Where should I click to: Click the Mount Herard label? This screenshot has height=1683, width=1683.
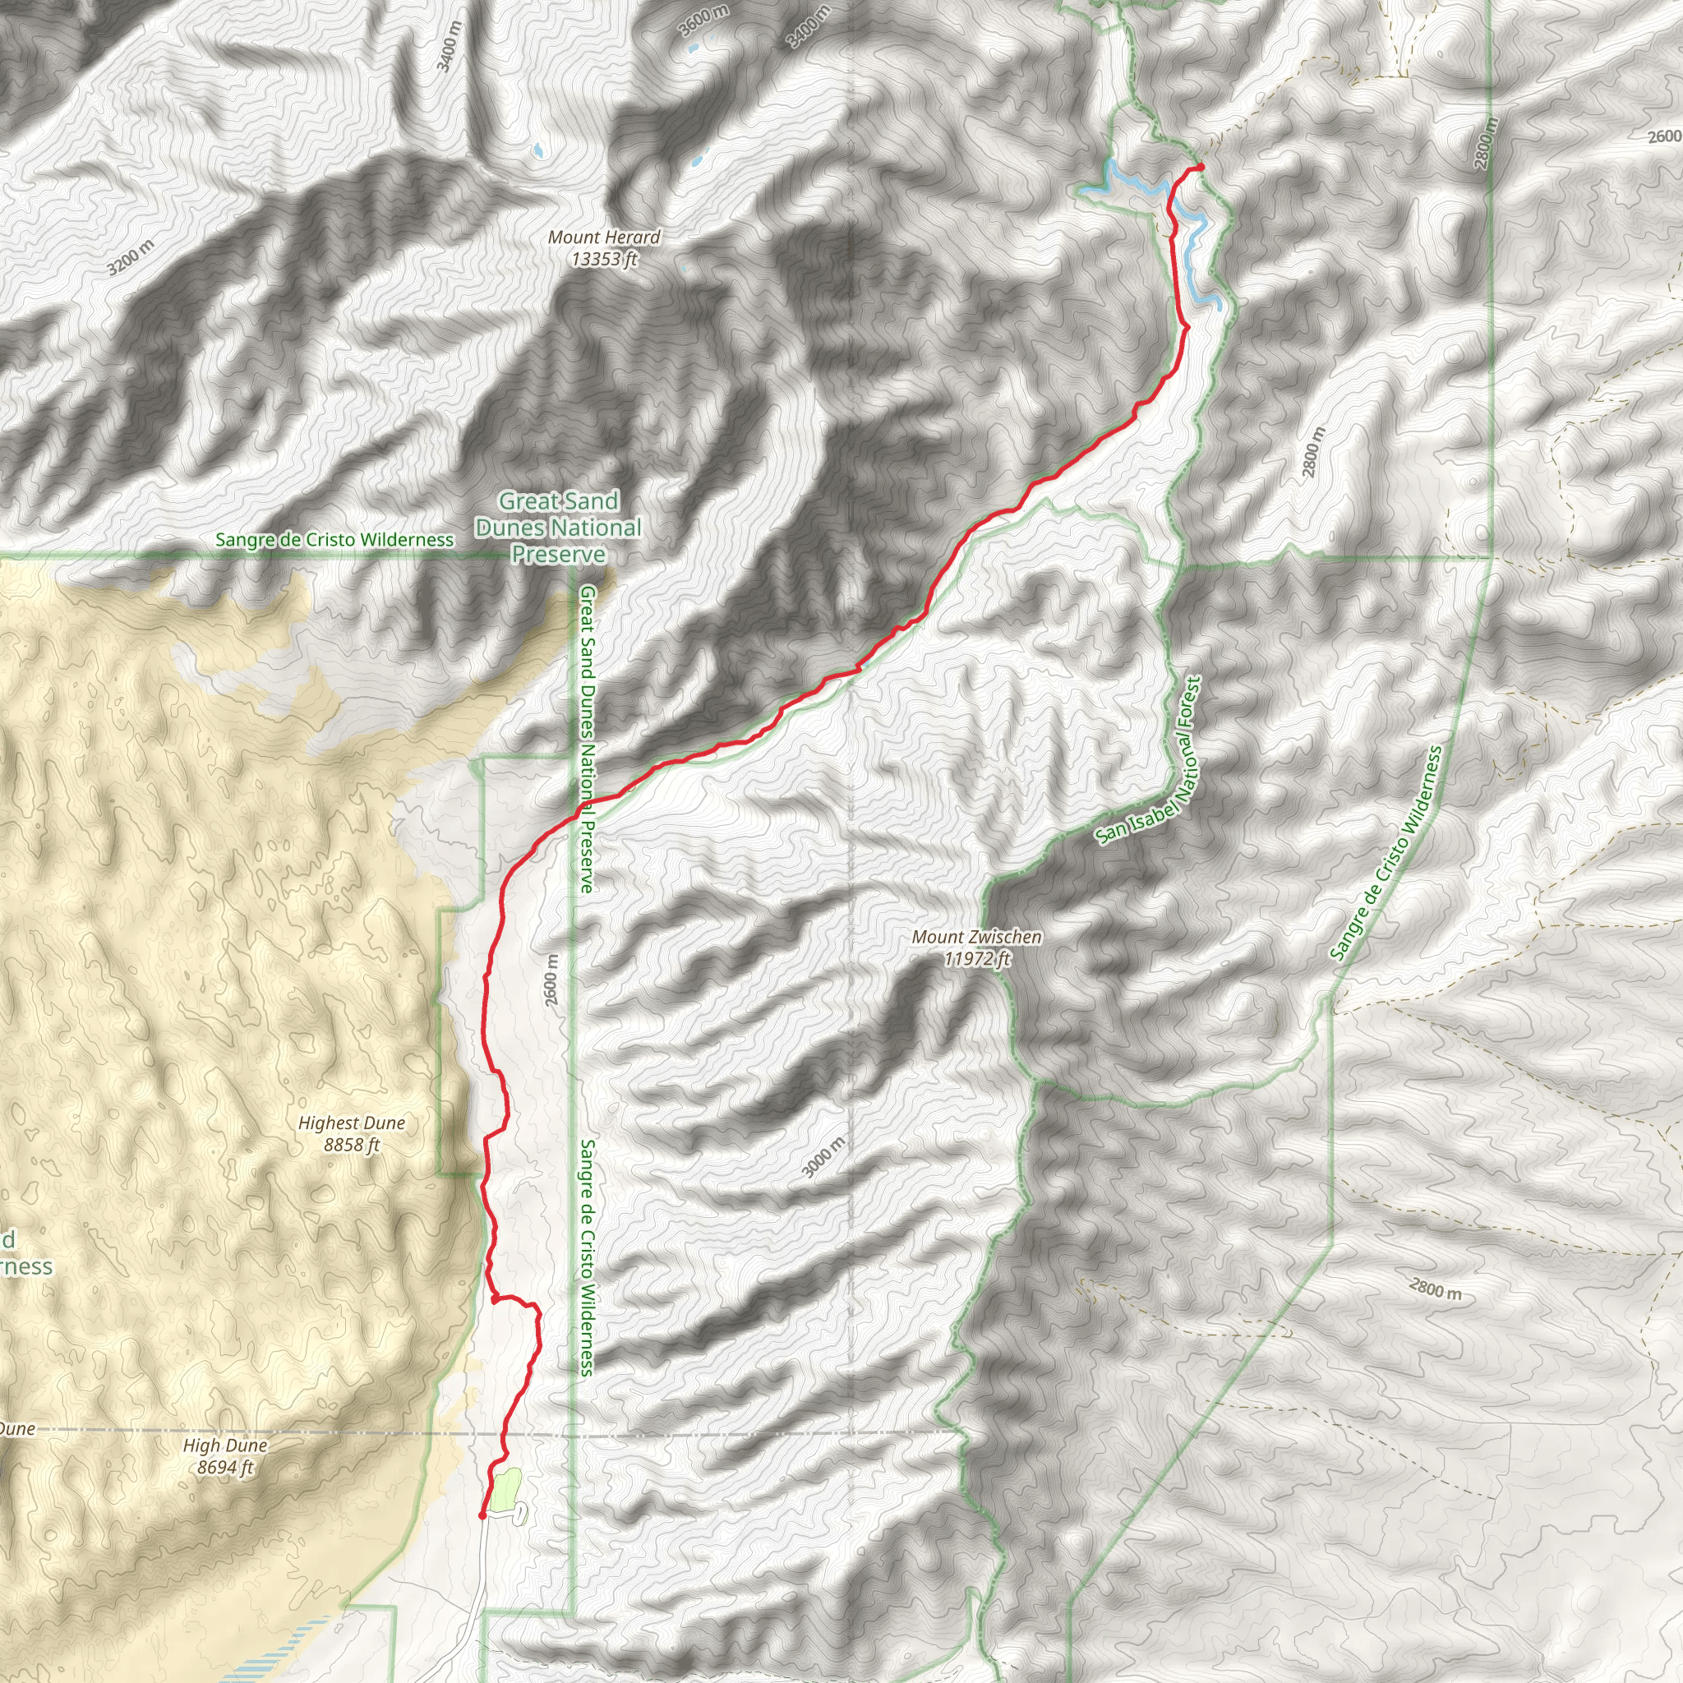(604, 237)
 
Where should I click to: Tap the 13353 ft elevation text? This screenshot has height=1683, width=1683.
(605, 259)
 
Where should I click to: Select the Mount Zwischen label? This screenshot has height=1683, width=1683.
(976, 938)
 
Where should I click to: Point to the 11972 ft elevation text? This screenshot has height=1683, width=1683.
(977, 959)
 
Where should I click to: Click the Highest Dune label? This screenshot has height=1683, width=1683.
(351, 1123)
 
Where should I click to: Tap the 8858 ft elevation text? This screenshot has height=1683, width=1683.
(351, 1145)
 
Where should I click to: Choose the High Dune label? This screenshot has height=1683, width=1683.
(224, 1446)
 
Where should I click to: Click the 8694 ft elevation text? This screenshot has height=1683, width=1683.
(224, 1467)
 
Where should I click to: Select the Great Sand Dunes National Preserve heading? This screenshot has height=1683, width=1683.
(558, 527)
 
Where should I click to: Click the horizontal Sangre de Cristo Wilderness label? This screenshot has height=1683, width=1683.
(334, 540)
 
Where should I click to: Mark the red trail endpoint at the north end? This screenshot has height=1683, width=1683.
(1200, 166)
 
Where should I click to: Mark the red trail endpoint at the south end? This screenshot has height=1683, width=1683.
(482, 1515)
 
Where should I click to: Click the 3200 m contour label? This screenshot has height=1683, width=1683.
(131, 257)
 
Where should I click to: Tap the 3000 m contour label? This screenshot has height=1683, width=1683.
(823, 1158)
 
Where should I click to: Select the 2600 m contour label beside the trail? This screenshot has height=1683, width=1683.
(552, 980)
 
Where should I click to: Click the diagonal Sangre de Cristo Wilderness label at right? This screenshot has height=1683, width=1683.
(1386, 853)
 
